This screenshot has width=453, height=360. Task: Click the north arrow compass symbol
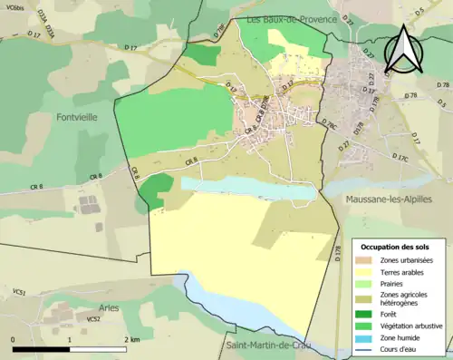pos(404,49)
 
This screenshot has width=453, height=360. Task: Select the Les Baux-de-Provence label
pos(291,19)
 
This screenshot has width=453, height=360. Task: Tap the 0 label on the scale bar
pos(14,338)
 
